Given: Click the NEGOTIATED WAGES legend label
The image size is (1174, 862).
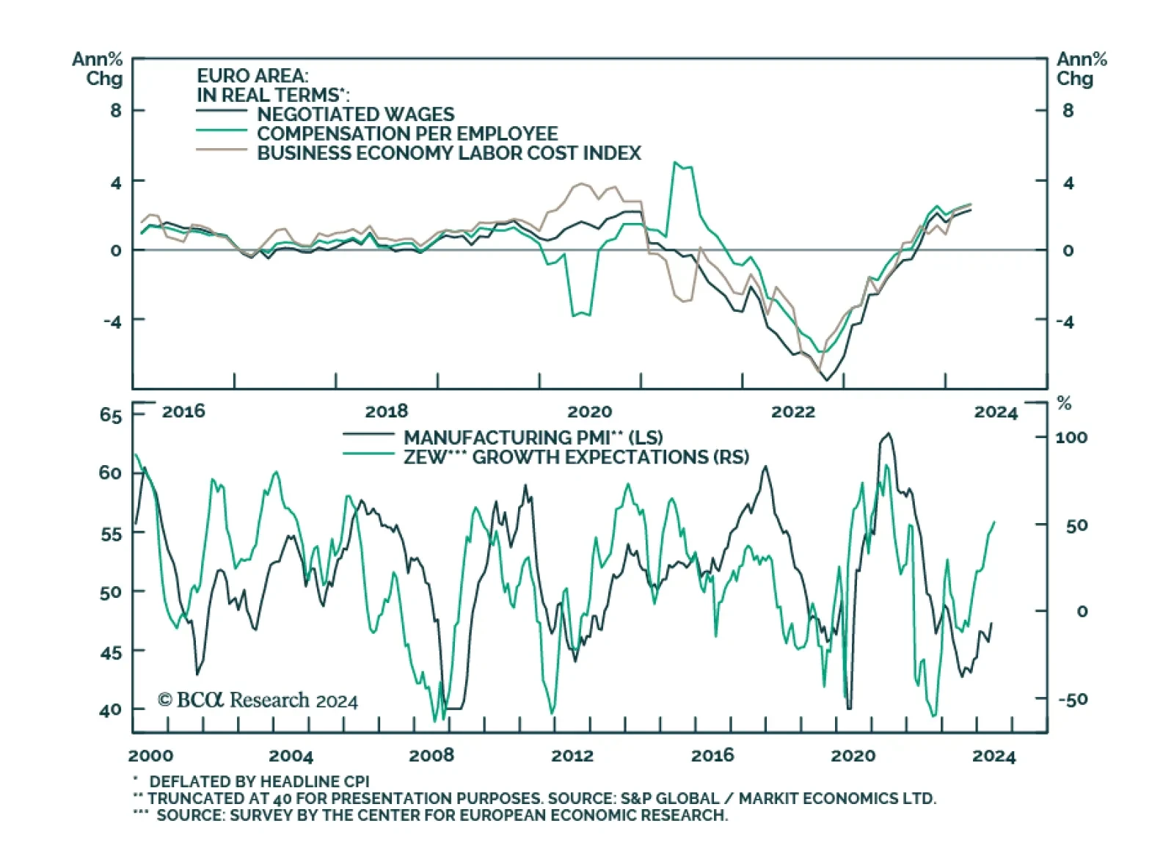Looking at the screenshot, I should coord(355,114).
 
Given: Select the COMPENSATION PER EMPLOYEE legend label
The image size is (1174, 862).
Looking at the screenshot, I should coord(406,134).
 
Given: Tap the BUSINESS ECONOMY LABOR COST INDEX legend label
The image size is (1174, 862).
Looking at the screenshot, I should coord(448,153).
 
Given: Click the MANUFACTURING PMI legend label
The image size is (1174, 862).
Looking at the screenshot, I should coord(533,437).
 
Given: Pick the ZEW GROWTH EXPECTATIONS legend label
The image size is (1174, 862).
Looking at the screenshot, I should coord(575,457).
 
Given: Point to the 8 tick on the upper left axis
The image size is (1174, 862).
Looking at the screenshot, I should coord(116,111).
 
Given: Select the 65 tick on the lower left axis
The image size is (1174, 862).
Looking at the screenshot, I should coord(111,415).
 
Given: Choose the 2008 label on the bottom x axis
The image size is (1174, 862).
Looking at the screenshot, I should coord(431,755).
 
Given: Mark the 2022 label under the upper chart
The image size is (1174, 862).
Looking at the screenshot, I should coord(792,412).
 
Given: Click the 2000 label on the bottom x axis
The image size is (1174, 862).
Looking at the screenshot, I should coord(150,755).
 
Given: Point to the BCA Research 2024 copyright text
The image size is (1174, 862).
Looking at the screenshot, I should coord(258,700).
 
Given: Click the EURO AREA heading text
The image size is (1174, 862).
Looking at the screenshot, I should coord(252,76).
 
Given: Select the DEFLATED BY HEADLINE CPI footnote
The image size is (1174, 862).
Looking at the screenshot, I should coord(258,781).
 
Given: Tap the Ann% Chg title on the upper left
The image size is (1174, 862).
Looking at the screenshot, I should coord(97,69).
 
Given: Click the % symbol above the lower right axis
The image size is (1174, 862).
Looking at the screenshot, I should coord(1064,403).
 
